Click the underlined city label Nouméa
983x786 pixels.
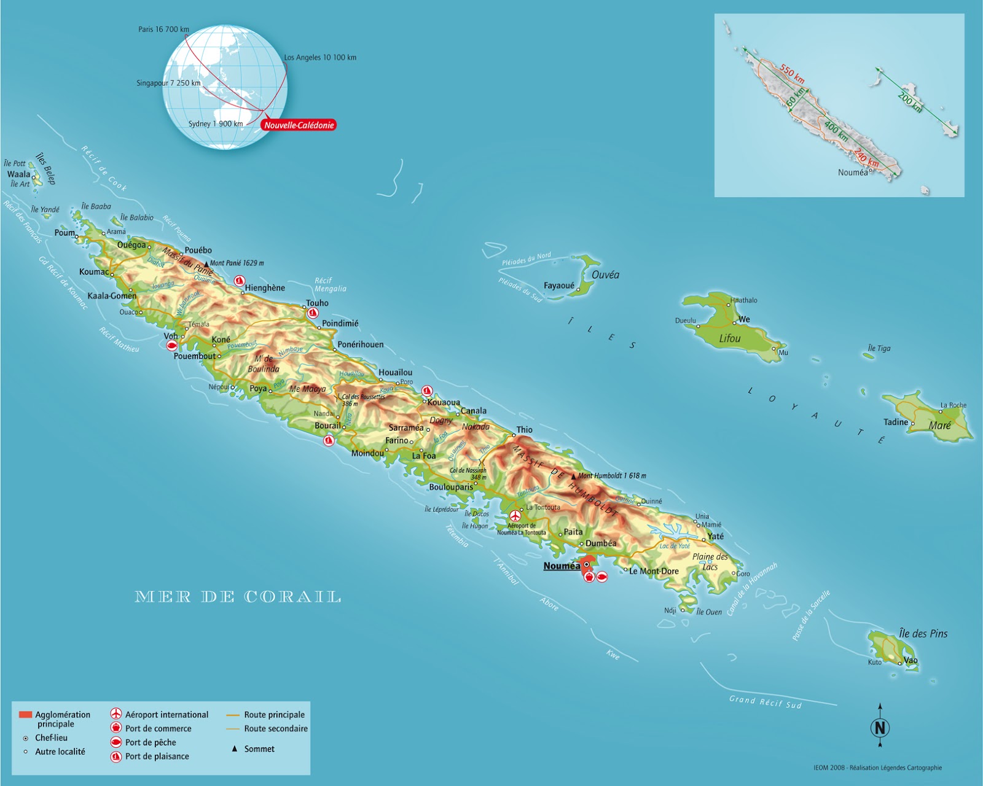click(x=562, y=566)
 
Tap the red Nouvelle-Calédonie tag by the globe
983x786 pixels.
click(x=299, y=125)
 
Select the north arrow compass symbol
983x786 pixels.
click(x=880, y=728)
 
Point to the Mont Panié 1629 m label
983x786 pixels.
click(x=237, y=263)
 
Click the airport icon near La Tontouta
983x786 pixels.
click(x=515, y=516)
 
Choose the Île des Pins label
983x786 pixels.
click(x=923, y=634)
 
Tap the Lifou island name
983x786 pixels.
click(x=730, y=338)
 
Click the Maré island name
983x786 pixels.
click(x=939, y=426)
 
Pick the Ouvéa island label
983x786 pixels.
click(x=605, y=275)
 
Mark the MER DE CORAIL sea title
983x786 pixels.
click(x=238, y=597)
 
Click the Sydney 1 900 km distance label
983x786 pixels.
click(x=216, y=124)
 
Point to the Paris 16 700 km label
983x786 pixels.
click(x=163, y=29)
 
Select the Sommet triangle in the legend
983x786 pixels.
click(x=234, y=749)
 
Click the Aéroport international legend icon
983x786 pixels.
click(x=116, y=714)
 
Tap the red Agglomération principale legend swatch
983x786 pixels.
click(x=25, y=715)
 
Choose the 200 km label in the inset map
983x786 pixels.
click(x=909, y=101)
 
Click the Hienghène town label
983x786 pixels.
click(x=265, y=288)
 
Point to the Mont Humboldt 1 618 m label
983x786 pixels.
click(x=612, y=476)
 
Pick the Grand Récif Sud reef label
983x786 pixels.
click(x=765, y=702)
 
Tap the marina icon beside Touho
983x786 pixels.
click(x=313, y=313)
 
